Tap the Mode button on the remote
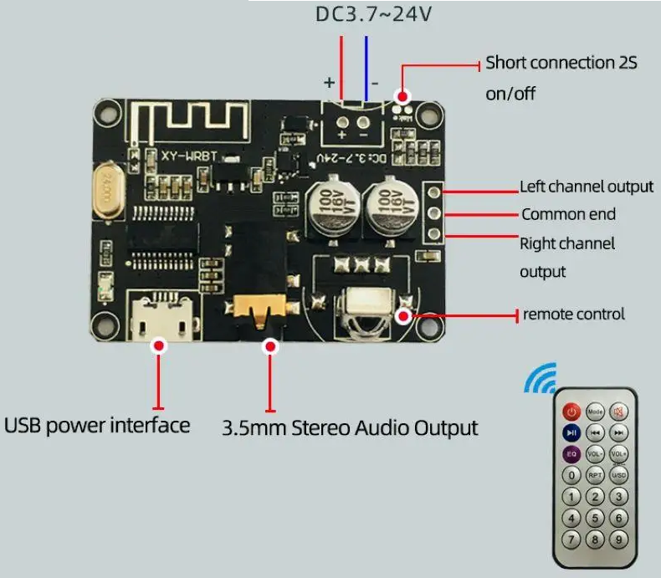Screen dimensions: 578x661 (x=595, y=412)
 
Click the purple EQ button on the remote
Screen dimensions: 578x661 (x=571, y=454)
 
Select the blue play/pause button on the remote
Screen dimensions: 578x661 (x=571, y=432)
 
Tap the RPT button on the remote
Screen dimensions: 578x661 (x=595, y=475)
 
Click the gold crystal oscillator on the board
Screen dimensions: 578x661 (x=107, y=192)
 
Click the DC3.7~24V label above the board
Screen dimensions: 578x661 (x=373, y=14)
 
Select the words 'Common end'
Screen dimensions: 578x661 (x=568, y=214)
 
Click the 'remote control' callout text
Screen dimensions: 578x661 (x=574, y=315)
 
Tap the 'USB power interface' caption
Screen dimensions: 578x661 (x=97, y=425)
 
